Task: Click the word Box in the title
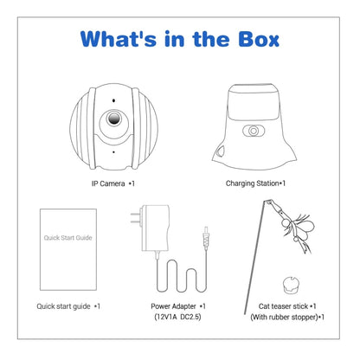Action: point(259,39)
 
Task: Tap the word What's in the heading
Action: point(119,39)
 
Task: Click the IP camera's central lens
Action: point(114,119)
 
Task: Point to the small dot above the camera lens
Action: point(114,100)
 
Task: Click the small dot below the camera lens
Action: point(113,151)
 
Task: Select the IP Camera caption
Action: point(113,183)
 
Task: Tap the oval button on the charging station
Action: point(254,131)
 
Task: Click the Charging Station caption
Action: point(255,183)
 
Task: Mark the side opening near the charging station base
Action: point(222,151)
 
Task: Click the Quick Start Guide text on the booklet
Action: point(68,238)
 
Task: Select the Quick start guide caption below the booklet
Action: point(68,306)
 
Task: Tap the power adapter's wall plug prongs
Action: point(136,218)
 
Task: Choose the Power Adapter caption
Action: point(178,306)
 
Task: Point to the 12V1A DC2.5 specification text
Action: point(178,317)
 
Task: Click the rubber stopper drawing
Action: point(291,284)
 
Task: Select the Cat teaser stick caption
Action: point(287,306)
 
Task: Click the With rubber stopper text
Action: point(287,317)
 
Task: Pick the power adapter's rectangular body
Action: point(155,228)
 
